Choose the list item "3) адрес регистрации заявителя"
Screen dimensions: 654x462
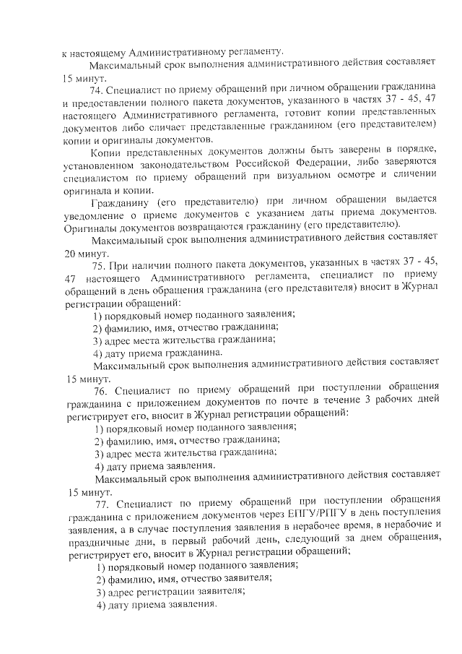pos(169,590)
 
